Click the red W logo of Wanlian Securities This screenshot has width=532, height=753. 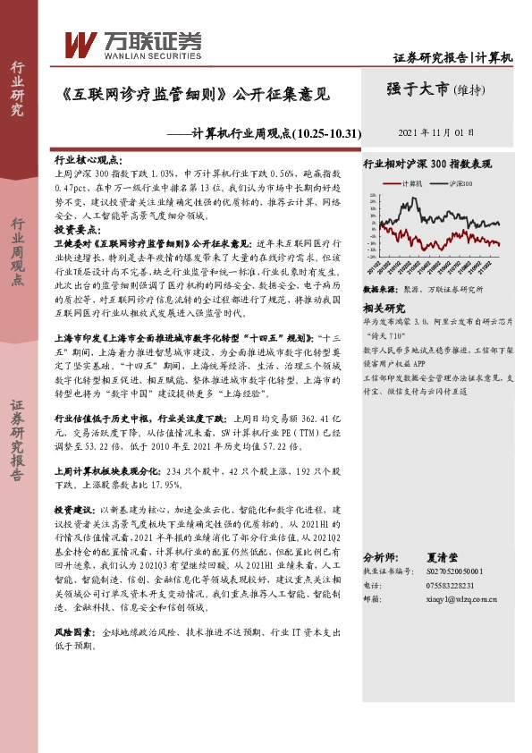pyautogui.click(x=80, y=41)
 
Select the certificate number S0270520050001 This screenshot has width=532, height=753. pyautogui.click(x=453, y=570)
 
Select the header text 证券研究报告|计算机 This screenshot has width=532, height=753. pyautogui.click(x=453, y=58)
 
